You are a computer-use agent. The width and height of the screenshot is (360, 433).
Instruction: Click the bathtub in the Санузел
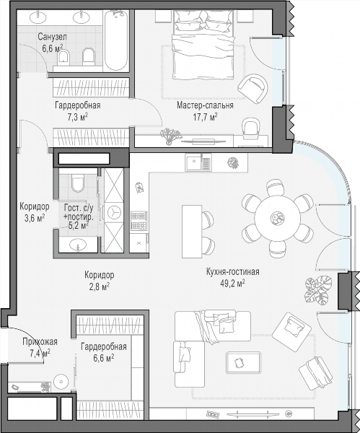point(116,41)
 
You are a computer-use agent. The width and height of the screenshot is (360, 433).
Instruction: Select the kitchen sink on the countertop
point(198,162)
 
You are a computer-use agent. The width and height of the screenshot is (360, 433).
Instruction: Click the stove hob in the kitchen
point(139,221)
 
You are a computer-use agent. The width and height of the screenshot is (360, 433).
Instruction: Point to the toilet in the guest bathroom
point(78,183)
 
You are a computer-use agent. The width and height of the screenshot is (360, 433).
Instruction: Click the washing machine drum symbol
point(114,213)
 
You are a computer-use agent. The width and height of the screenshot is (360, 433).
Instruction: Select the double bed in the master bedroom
point(203,45)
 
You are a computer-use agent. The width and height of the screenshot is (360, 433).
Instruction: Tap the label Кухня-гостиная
point(233,271)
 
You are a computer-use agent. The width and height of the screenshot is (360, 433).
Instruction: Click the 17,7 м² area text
point(205,117)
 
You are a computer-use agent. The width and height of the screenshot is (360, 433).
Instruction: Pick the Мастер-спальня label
point(205,105)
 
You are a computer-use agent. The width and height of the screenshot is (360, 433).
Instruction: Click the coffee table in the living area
point(243,362)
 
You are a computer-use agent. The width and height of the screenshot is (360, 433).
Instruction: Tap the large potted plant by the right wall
point(318,290)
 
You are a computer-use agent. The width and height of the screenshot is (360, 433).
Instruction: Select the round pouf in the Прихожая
point(61,382)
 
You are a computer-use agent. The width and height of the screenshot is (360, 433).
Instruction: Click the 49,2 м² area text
point(233,284)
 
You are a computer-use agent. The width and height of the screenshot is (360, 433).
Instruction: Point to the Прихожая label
point(40,341)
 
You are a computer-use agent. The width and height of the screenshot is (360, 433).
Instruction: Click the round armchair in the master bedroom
point(253,88)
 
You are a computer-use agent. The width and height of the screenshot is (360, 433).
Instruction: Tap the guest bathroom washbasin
point(78,245)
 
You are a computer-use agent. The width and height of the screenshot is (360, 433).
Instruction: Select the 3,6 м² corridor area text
point(35,219)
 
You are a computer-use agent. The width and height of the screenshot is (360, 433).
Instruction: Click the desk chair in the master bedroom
point(250,128)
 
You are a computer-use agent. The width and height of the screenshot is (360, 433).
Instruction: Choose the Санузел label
point(52,37)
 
